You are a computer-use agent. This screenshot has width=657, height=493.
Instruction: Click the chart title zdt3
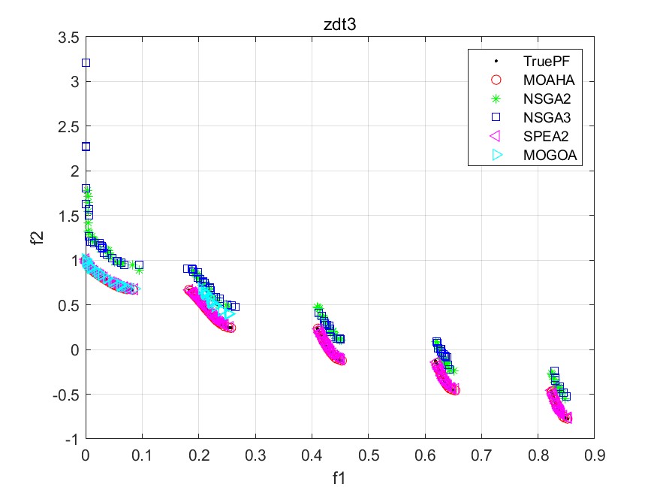[339, 24]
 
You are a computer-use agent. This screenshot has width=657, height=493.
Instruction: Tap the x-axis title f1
[339, 476]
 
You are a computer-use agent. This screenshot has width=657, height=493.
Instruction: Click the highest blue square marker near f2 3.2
[86, 62]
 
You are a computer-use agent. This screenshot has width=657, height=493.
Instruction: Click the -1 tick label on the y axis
[73, 439]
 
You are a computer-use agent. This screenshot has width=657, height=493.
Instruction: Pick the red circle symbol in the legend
[495, 79]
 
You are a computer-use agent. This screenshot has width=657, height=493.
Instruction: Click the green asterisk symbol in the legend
[495, 98]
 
